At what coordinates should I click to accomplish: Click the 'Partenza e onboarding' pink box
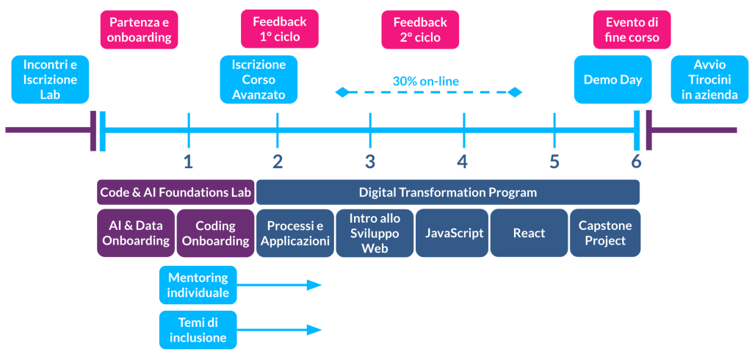tap(139, 29)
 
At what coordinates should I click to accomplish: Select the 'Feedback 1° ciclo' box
tap(279, 29)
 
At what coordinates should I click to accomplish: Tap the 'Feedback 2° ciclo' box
tap(420, 29)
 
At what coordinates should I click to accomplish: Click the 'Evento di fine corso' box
tap(632, 29)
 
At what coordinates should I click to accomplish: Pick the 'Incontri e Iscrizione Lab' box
tap(50, 79)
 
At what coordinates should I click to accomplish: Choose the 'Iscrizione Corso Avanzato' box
tap(258, 79)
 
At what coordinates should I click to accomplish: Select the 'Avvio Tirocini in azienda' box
tap(704, 79)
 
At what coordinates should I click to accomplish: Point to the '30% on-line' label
tap(425, 81)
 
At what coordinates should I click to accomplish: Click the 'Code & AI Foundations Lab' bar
tap(176, 192)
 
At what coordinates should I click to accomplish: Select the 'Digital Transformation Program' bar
tap(447, 192)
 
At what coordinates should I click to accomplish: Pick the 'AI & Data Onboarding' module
tap(133, 233)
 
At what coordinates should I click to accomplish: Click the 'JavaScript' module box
tap(454, 233)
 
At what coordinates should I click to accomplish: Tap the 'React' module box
tap(529, 233)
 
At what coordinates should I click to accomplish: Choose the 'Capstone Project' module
tap(605, 233)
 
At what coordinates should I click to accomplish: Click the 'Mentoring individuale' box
tap(198, 285)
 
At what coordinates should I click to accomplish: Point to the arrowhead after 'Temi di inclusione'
tap(315, 330)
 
